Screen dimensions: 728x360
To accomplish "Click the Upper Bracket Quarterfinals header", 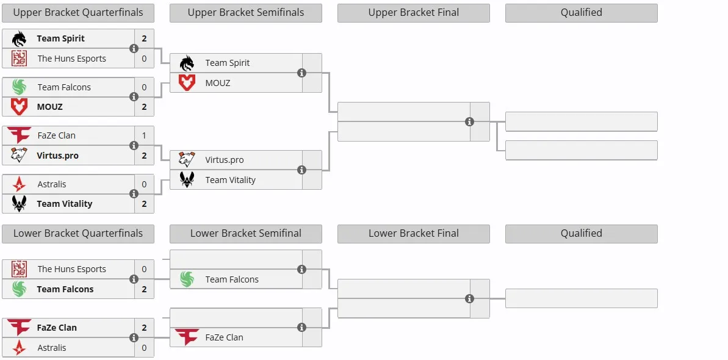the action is coord(78,13).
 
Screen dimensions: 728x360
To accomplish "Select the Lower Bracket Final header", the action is coord(414,234).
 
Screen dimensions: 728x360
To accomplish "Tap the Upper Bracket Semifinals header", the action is coord(245,13).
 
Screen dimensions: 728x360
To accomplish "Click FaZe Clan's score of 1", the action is coord(145,135).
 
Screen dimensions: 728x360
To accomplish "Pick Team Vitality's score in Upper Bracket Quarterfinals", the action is coord(145,204).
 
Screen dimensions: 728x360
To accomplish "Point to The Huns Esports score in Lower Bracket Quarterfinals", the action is coord(145,269).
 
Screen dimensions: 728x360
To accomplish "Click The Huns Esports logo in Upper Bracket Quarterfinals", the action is coord(19,59).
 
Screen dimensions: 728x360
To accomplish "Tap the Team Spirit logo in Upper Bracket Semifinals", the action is coord(187,63).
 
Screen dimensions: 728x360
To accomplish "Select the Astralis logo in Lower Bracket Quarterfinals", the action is coord(19,347).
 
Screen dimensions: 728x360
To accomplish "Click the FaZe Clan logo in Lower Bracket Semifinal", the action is coord(187,337).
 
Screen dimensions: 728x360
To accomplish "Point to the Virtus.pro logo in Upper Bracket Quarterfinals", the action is coord(19,155).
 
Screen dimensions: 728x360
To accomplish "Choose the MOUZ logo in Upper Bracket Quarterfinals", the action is coord(19,107).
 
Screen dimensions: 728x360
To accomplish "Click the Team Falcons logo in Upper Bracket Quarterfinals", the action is coord(19,87).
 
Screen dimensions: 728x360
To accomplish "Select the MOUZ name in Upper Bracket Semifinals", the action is coord(218,83).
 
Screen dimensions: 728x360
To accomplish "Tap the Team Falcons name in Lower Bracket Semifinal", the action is coord(232,279).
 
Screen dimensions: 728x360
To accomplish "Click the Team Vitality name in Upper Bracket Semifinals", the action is coord(230,180).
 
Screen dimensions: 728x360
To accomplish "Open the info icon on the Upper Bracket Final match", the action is coord(469,121).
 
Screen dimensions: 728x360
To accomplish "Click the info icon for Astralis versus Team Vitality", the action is coord(134,193).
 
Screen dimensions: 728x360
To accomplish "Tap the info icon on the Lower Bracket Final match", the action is coord(469,299).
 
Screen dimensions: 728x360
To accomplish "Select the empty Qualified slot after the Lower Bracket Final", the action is coord(582,298).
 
